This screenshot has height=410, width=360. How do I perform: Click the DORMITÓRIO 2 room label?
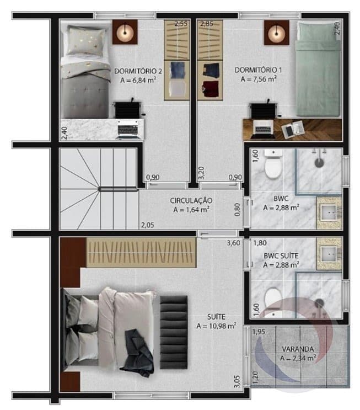click(x=138, y=71)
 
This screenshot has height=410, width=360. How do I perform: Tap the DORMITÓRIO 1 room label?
click(x=259, y=70)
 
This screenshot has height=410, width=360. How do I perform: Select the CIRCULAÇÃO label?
click(x=191, y=200)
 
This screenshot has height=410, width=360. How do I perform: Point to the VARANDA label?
click(x=298, y=349)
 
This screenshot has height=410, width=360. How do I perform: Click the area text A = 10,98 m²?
click(x=216, y=326)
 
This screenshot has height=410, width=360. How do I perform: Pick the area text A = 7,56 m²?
click(x=259, y=79)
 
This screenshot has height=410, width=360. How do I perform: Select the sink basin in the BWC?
click(x=329, y=214)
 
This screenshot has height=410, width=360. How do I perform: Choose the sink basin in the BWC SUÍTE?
click(x=329, y=254)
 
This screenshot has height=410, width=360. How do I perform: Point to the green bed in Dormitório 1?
click(x=319, y=70)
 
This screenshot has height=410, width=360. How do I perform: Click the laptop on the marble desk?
click(x=127, y=130)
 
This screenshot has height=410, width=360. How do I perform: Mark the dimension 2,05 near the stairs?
click(x=148, y=225)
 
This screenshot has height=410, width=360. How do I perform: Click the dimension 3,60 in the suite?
click(x=234, y=243)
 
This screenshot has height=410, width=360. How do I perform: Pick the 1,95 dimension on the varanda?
click(x=259, y=332)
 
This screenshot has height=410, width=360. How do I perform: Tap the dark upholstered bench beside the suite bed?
click(x=174, y=332)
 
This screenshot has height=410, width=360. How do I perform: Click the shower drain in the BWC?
click(x=319, y=163)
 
